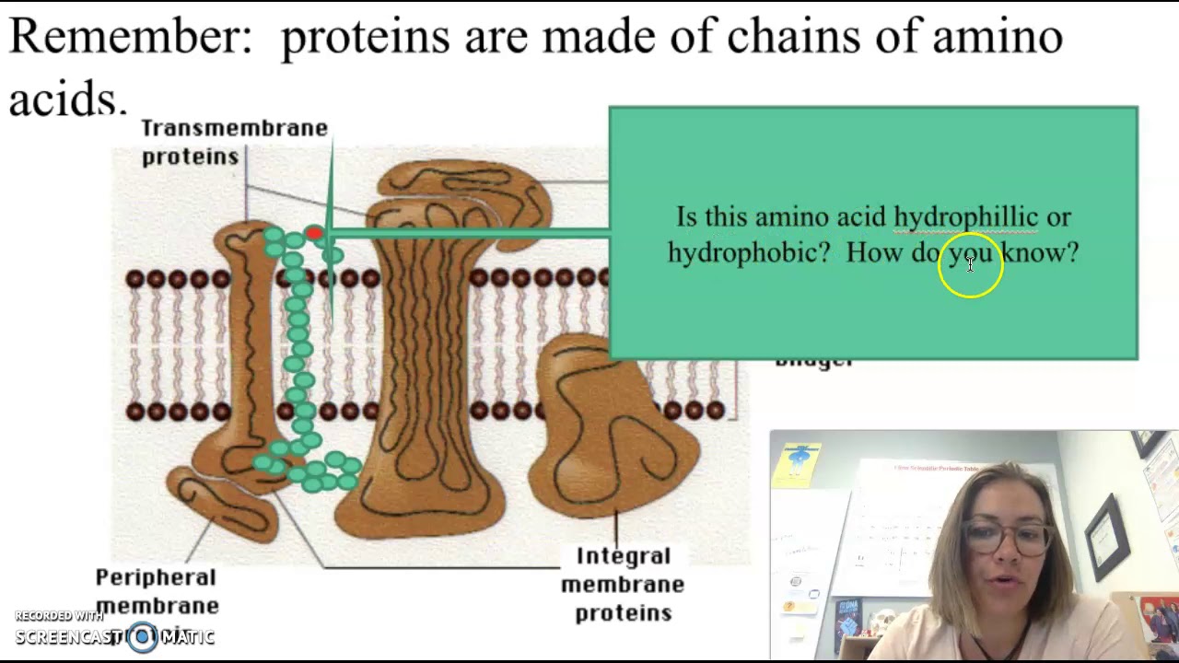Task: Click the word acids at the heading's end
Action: tap(66, 97)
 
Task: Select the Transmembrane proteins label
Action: tap(234, 142)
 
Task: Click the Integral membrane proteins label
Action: tap(623, 584)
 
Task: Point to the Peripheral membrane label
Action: tap(157, 590)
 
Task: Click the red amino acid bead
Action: tap(314, 234)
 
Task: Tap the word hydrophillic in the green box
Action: tap(965, 217)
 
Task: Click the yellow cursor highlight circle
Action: tap(970, 266)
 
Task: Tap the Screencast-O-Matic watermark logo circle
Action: tap(143, 636)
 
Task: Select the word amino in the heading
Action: tap(997, 36)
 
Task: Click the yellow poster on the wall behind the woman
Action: tap(798, 463)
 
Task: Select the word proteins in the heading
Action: tap(365, 36)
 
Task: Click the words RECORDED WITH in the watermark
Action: tap(59, 616)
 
